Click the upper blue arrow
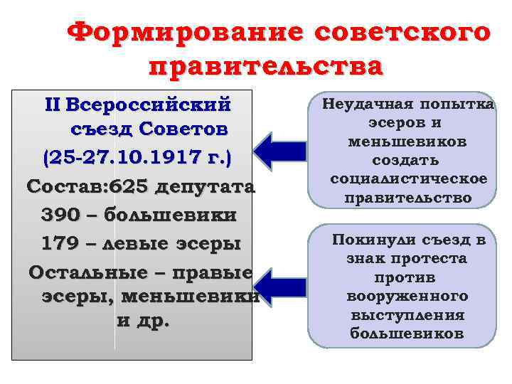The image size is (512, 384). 278,151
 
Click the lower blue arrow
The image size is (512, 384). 278,288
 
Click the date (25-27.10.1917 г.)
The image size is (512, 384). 138,156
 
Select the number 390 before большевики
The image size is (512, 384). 52,215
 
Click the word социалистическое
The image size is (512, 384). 409,178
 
